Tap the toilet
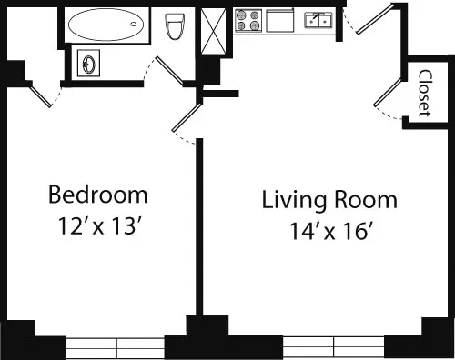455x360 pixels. (176, 27)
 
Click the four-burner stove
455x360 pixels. (248, 20)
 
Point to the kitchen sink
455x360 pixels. (318, 19)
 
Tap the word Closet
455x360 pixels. (424, 92)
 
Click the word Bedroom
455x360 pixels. (97, 195)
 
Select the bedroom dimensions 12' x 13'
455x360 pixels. (97, 225)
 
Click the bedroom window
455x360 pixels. (116, 346)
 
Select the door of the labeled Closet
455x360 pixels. (389, 95)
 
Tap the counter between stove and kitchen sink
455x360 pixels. (283, 19)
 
